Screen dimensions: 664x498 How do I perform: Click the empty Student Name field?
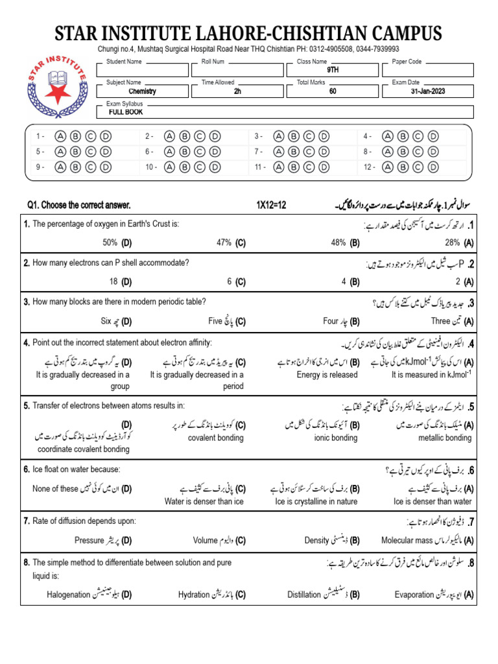pyautogui.click(x=147, y=70)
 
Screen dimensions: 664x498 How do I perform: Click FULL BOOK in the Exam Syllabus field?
pyautogui.click(x=126, y=112)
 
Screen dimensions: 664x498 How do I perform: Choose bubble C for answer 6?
pyautogui.click(x=200, y=151)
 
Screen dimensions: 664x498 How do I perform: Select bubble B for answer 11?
pyautogui.click(x=293, y=167)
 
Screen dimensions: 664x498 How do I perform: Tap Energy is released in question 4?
pyautogui.click(x=327, y=375)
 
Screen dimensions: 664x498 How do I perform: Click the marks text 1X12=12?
pyautogui.click(x=271, y=206)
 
